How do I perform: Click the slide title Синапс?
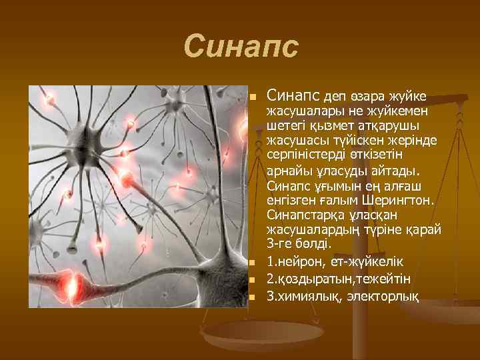[241, 47]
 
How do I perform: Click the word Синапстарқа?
[307, 215]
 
